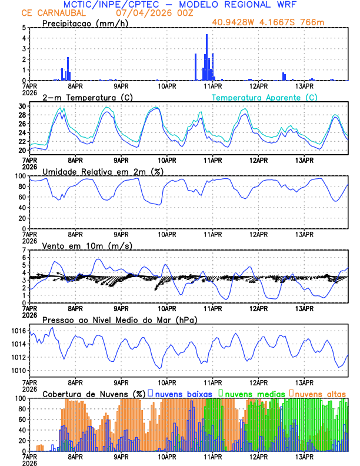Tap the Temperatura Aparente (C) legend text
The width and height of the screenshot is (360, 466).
(x=265, y=97)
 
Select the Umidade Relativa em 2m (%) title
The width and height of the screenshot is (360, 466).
(x=101, y=171)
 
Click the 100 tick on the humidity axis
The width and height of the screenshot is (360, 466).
(x=19, y=176)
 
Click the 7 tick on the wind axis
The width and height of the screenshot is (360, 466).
(x=24, y=250)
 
